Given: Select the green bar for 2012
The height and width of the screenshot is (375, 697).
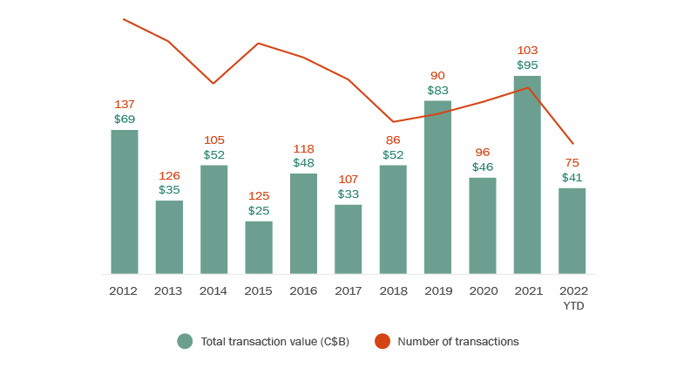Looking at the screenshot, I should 125,201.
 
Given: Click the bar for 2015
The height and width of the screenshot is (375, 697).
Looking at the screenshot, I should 259,248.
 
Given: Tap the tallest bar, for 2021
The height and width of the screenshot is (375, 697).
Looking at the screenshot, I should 527,174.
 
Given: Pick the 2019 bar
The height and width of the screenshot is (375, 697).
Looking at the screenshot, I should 437,187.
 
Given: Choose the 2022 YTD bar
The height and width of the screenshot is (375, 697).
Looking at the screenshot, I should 572,231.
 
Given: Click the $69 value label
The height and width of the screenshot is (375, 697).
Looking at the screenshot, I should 125,119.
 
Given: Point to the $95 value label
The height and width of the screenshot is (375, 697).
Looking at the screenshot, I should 527,65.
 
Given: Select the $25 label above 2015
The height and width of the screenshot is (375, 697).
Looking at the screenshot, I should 259,210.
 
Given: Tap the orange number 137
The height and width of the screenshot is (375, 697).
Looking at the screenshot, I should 125,105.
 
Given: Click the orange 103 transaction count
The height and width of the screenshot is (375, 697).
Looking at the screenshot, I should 527,51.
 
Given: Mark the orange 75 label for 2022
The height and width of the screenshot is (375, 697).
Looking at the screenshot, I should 572,163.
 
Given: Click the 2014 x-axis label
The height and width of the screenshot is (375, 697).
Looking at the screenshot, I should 213,290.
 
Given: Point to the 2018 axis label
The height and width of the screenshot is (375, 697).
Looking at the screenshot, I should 393,290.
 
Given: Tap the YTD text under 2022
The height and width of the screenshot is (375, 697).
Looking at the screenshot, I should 572,305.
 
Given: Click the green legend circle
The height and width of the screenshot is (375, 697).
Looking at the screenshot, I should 185,342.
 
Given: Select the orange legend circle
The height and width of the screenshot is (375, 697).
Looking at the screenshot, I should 382,342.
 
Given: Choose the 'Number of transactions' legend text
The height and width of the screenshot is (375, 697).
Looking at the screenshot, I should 458,342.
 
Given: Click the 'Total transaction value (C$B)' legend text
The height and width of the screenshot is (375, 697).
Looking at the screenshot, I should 275,342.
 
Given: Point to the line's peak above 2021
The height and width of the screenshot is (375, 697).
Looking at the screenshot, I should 527,87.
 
